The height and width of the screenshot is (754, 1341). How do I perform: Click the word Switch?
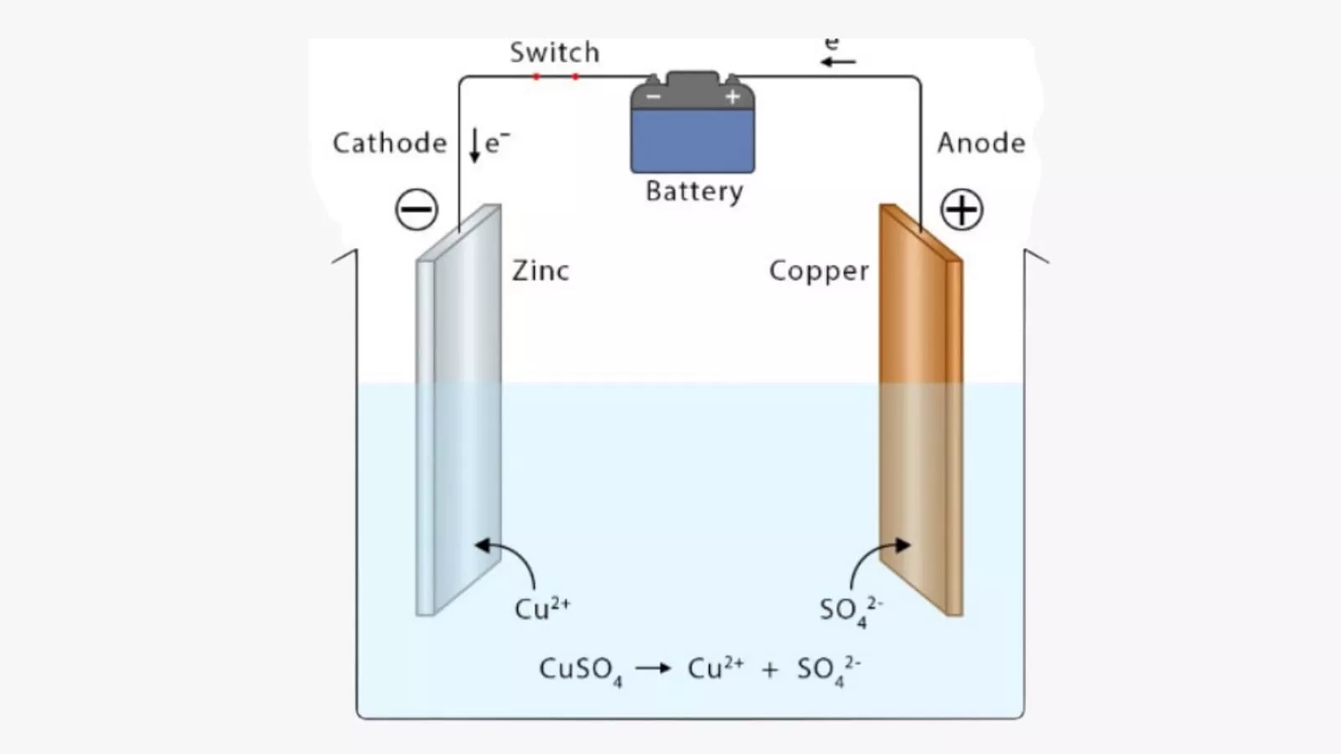click(x=555, y=53)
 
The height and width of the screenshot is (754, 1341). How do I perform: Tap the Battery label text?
click(x=694, y=192)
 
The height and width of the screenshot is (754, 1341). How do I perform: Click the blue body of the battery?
click(x=692, y=141)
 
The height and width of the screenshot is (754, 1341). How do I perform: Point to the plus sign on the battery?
click(x=733, y=97)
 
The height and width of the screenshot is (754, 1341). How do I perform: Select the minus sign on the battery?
click(x=654, y=97)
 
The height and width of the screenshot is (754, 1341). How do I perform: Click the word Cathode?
click(x=390, y=143)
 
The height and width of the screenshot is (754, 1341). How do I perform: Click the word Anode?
click(x=981, y=143)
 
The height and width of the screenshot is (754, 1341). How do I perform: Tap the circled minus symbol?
click(x=417, y=209)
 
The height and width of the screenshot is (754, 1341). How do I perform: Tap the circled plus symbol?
click(x=961, y=209)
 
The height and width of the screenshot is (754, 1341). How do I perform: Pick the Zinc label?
click(x=541, y=271)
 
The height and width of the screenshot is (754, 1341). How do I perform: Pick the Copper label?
click(x=819, y=271)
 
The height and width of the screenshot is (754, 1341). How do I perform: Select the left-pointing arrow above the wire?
click(x=838, y=62)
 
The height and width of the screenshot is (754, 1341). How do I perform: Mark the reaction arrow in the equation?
click(x=654, y=668)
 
